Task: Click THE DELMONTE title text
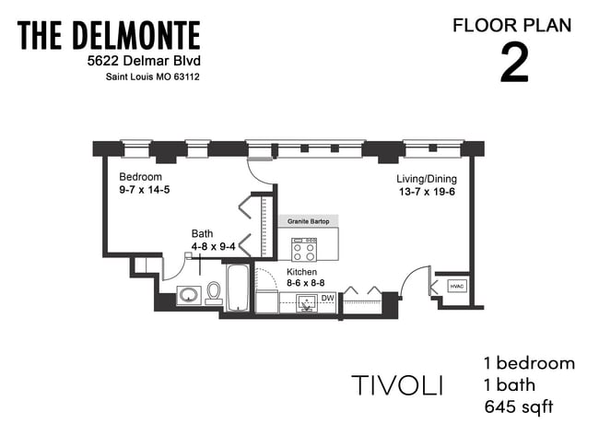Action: click(109, 36)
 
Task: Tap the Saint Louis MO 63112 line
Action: click(151, 77)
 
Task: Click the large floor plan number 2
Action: click(513, 63)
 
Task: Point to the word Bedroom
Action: click(141, 177)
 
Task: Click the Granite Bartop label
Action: click(308, 222)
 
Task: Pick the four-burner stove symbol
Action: click(304, 249)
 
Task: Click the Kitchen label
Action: click(302, 273)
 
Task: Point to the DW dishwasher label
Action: click(327, 298)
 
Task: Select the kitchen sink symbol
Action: click(306, 302)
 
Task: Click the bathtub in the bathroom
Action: click(238, 289)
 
